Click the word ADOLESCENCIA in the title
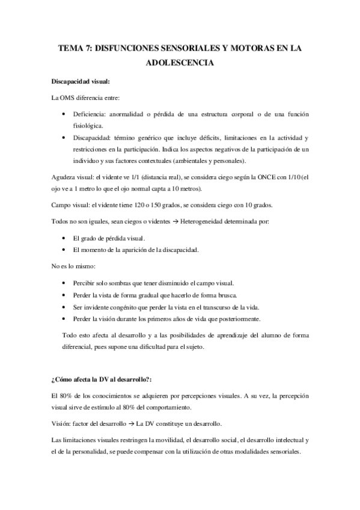180,61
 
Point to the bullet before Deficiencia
65,114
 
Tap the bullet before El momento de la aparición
65,250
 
